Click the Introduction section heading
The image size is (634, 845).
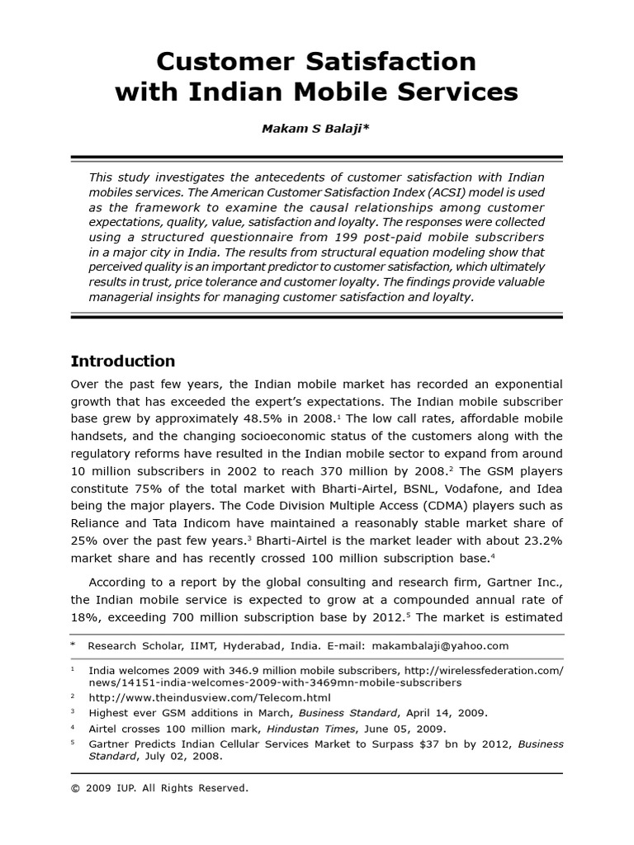coord(123,361)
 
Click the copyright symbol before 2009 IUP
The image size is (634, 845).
coord(76,789)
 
